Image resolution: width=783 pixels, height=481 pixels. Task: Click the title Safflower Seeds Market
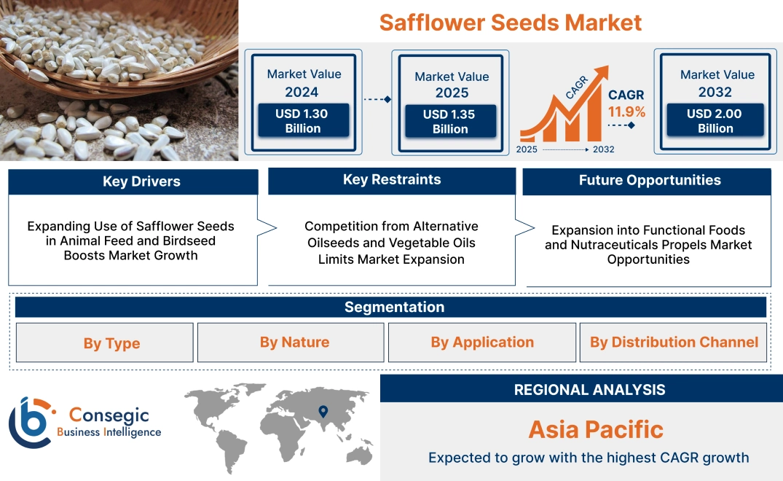point(510,22)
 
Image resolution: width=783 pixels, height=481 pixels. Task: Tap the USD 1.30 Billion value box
point(302,121)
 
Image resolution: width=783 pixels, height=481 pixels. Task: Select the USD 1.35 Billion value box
point(450,122)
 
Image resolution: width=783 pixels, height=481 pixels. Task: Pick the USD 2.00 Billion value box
point(715,121)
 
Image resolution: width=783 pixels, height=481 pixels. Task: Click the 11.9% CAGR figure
point(626,112)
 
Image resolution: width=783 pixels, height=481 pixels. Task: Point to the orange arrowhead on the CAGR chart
point(602,73)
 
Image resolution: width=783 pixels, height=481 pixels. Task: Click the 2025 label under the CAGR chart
point(527,149)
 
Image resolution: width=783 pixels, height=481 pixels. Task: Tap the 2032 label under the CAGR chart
point(603,149)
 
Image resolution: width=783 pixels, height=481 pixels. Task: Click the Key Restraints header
point(392,180)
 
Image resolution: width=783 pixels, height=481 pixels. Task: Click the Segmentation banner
point(394,307)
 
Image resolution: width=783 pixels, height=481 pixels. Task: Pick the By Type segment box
point(111,343)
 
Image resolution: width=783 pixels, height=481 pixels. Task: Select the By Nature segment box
point(294,343)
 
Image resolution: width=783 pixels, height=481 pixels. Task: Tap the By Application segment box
point(482,343)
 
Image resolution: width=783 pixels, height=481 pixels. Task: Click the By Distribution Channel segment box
point(674,343)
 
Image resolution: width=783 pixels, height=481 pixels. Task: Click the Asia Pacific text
point(595,429)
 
